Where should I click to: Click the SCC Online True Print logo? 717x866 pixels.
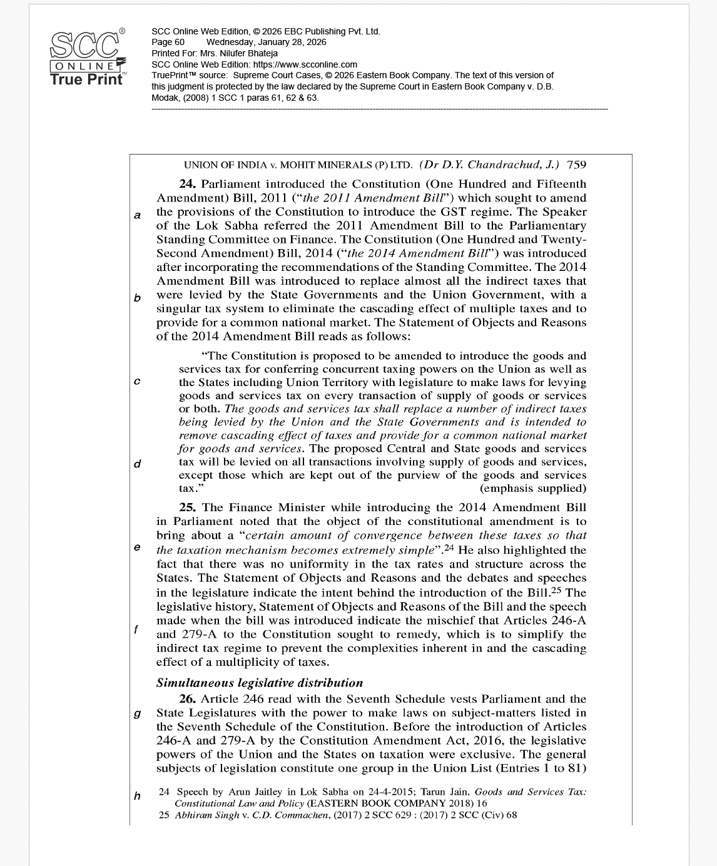point(87,58)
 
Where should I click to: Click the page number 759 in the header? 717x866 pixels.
point(576,165)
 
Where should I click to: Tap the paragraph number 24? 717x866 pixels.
point(188,184)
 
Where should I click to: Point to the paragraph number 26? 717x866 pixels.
point(188,699)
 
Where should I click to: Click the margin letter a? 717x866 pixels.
point(137,215)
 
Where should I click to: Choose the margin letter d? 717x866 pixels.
point(137,464)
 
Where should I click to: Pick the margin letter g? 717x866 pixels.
point(137,713)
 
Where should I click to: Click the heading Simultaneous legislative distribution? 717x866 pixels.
point(260,683)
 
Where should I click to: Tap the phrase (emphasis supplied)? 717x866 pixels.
point(533,488)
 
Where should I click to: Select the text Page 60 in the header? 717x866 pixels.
point(168,42)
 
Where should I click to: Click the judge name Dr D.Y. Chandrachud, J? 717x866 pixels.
point(490,165)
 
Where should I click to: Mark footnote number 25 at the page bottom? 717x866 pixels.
point(164,815)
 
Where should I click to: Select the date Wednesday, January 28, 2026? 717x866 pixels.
point(266,42)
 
